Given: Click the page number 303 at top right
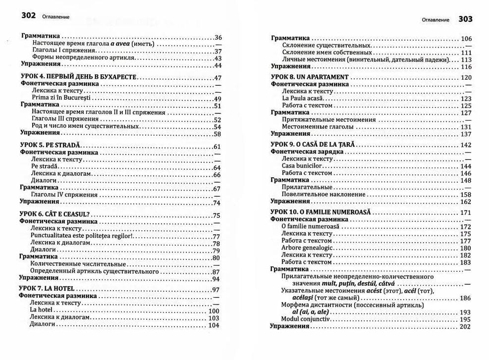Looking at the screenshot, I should pyautogui.click(x=465, y=19).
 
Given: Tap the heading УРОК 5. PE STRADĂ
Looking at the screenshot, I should pyautogui.click(x=50, y=147).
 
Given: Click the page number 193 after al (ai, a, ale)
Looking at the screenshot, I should pyautogui.click(x=465, y=312).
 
